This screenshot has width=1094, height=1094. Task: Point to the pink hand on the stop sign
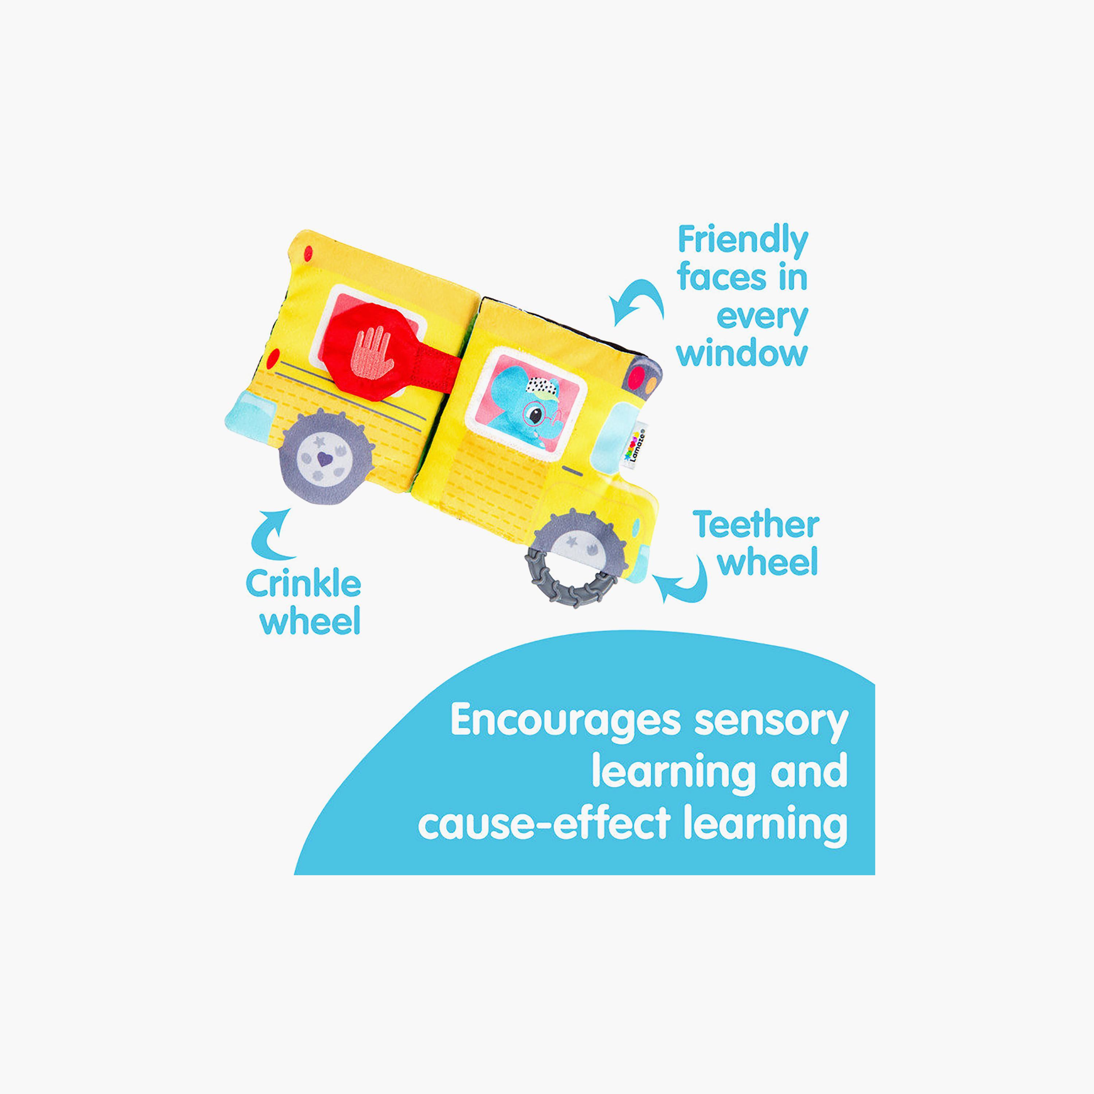tap(371, 352)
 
